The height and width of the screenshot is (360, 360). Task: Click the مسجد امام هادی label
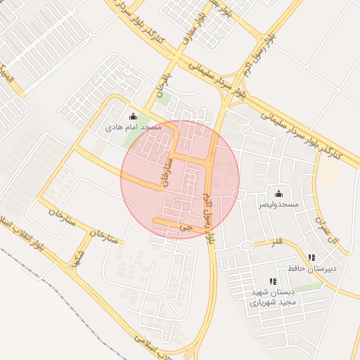[x=134, y=127]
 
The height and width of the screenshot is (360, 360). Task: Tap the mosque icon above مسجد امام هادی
[x=134, y=116]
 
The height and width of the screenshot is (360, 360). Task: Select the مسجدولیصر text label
[x=278, y=204]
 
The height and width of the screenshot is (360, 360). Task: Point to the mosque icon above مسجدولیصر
[x=278, y=193]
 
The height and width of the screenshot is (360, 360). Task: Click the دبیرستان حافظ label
[x=311, y=269]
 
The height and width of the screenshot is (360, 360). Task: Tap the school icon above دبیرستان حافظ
[x=311, y=258]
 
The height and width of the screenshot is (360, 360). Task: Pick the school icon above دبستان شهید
[x=273, y=282]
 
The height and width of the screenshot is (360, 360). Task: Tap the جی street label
[x=185, y=228]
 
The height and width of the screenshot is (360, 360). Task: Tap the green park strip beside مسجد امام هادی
[x=131, y=139]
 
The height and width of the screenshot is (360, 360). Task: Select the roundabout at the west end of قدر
[x=246, y=245]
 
